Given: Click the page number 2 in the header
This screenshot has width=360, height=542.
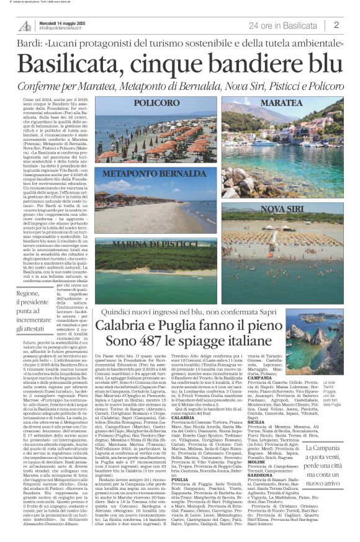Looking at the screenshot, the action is coord(336,25).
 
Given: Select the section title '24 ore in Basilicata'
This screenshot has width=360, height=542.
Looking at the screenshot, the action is coord(282,25).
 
